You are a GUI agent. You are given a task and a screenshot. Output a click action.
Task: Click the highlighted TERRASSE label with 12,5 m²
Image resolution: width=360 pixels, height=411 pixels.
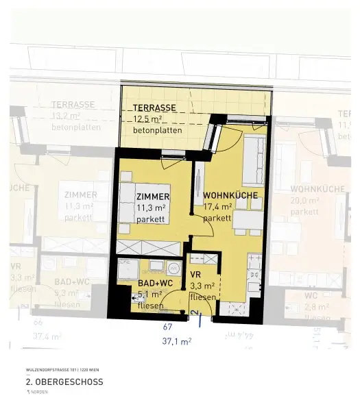(154, 108)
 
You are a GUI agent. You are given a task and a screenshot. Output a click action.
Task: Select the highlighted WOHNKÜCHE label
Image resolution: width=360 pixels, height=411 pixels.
(230, 195)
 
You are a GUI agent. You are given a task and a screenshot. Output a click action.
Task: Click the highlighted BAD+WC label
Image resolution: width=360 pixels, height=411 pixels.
(152, 282)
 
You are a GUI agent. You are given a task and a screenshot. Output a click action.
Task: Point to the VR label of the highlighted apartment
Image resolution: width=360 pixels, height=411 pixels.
(196, 275)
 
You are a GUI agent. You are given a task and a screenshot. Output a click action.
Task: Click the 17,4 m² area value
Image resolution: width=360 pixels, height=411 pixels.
(217, 207)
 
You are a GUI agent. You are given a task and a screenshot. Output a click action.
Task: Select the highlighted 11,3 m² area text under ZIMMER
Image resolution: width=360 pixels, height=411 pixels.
(151, 207)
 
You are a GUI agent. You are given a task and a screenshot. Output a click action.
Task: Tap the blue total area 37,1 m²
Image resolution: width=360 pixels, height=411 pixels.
(176, 340)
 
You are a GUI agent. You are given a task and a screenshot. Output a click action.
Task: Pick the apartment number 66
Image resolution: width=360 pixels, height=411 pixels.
(38, 322)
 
